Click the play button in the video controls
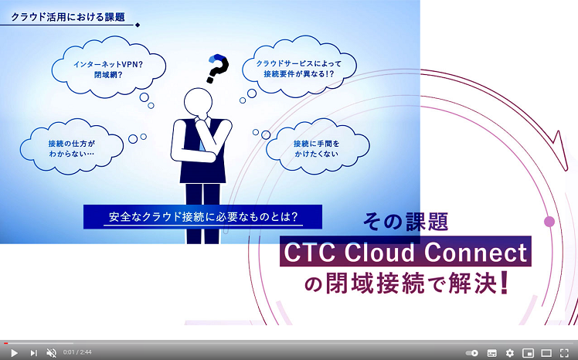pyautogui.click(x=14, y=352)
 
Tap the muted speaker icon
pyautogui.click(x=51, y=352)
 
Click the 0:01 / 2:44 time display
pyautogui.click(x=77, y=352)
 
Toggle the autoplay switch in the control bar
pyautogui.click(x=472, y=352)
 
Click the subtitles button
pyautogui.click(x=491, y=352)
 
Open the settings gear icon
pyautogui.click(x=510, y=352)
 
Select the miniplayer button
pyautogui.click(x=529, y=352)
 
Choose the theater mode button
pyautogui.click(x=546, y=352)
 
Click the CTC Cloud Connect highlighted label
pyautogui.click(x=406, y=253)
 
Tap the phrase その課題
pyautogui.click(x=406, y=222)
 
